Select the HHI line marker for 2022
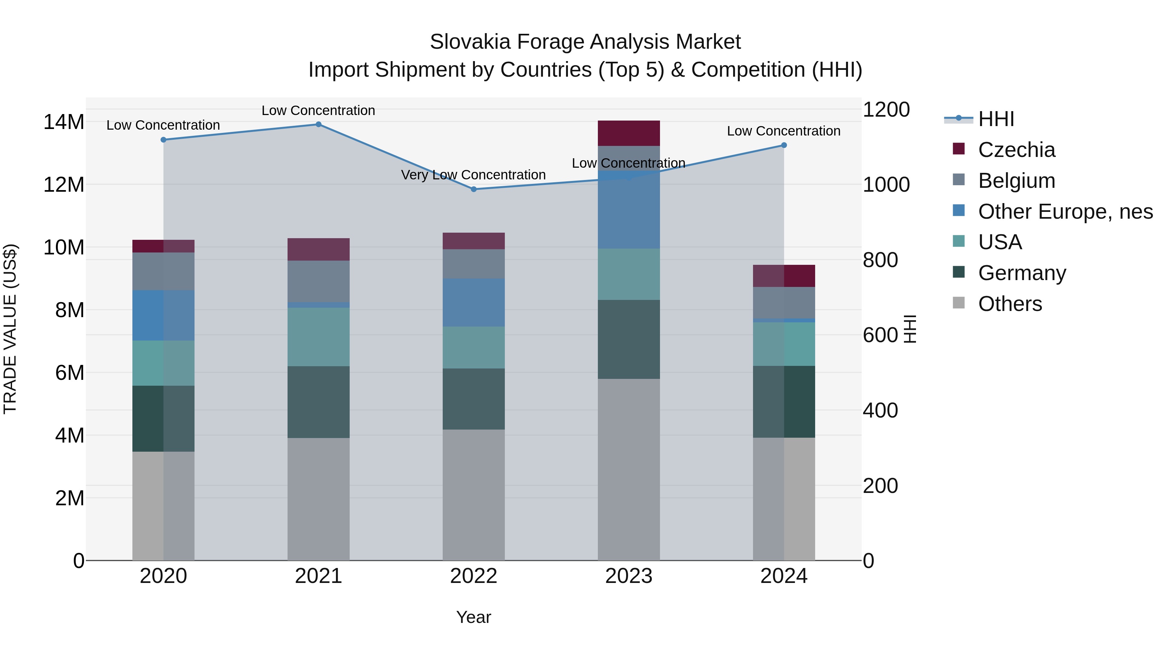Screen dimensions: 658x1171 [x=474, y=189]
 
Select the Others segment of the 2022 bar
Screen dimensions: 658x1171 [x=474, y=495]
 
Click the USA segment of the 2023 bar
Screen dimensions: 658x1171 [x=629, y=274]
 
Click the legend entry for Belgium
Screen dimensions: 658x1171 [x=1016, y=181]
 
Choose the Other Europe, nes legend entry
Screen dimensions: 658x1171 [x=1065, y=212]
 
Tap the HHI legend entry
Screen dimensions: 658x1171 [x=996, y=119]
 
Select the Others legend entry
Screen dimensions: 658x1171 [x=1010, y=304]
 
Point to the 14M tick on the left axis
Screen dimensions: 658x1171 [x=64, y=122]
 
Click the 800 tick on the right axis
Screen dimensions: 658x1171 [x=880, y=260]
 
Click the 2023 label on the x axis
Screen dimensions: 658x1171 [x=629, y=576]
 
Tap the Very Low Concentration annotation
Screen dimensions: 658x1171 [x=473, y=175]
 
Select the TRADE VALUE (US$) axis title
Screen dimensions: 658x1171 [x=10, y=329]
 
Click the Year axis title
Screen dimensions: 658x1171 [x=474, y=617]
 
